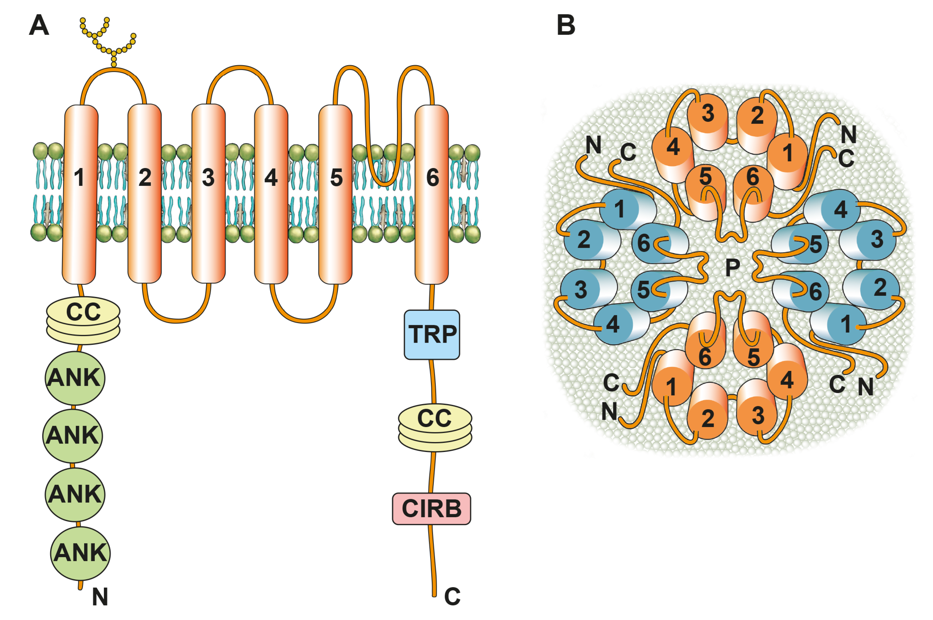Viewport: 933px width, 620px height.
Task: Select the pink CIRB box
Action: pyautogui.click(x=431, y=509)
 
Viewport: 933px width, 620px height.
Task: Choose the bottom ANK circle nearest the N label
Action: pyautogui.click(x=80, y=553)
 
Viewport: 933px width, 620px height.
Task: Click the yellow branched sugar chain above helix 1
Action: pyautogui.click(x=107, y=40)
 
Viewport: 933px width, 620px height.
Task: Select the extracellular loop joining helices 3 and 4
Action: pyautogui.click(x=240, y=69)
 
